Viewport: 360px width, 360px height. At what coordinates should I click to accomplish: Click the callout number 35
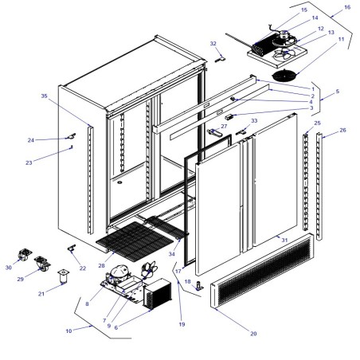[x=45, y=96]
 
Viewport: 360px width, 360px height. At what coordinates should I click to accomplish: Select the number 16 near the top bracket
[x=346, y=7]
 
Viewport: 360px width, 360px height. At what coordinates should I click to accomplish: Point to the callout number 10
[x=69, y=329]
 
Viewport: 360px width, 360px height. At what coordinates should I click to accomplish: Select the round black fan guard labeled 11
[x=284, y=75]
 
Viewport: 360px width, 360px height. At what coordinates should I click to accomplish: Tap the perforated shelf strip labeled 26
[x=321, y=187]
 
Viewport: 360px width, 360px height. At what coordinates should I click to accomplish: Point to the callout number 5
[x=337, y=92]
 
